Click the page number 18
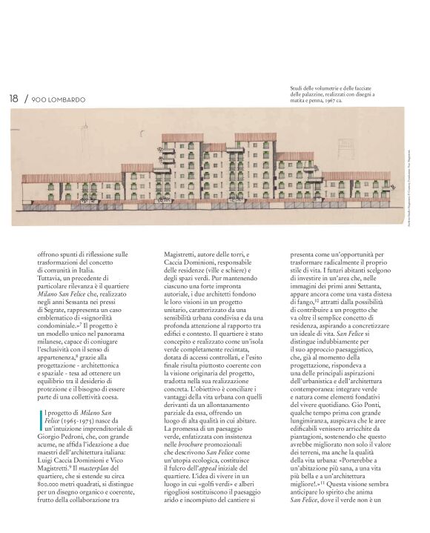[13, 98]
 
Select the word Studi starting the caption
[298, 89]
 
